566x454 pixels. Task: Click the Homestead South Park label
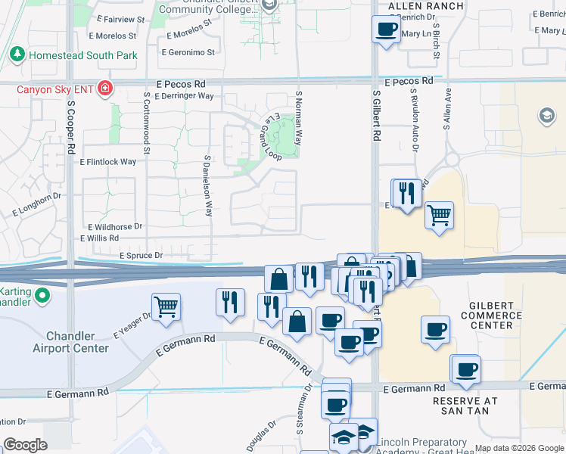pyautogui.click(x=82, y=55)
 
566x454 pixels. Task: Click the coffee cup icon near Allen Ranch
pyautogui.click(x=386, y=30)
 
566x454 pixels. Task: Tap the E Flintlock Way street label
pyautogui.click(x=108, y=161)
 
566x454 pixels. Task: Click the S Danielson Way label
pyautogui.click(x=207, y=185)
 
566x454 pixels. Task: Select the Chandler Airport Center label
pyautogui.click(x=70, y=342)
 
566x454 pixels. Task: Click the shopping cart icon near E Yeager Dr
pyautogui.click(x=166, y=306)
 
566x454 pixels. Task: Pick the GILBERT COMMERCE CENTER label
pyautogui.click(x=491, y=315)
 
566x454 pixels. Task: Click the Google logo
pyautogui.click(x=25, y=444)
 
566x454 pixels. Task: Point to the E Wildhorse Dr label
pyautogui.click(x=115, y=226)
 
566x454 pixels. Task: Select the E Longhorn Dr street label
pyautogui.click(x=36, y=204)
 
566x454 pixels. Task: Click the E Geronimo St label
pyautogui.click(x=189, y=52)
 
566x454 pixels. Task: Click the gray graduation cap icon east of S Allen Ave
pyautogui.click(x=546, y=115)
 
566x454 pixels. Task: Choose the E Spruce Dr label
pyautogui.click(x=141, y=256)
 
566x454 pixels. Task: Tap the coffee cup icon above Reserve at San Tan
pyautogui.click(x=466, y=370)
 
